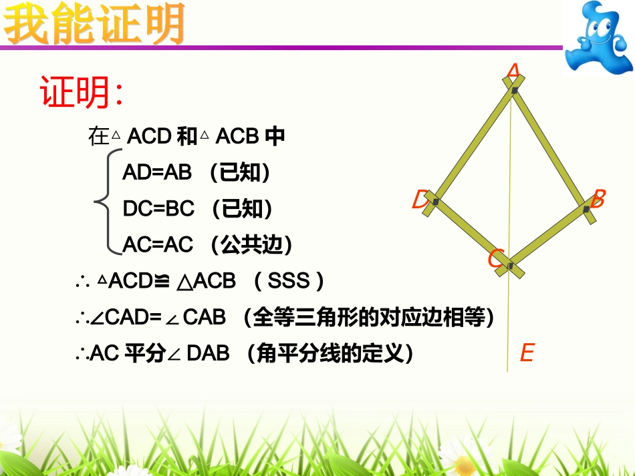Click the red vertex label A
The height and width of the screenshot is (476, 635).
pyautogui.click(x=513, y=71)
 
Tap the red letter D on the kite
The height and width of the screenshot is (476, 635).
pyautogui.click(x=420, y=200)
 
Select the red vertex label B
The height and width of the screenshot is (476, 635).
pyautogui.click(x=598, y=198)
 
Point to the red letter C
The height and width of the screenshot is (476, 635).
pyautogui.click(x=495, y=258)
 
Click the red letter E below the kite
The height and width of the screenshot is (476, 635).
pyautogui.click(x=527, y=352)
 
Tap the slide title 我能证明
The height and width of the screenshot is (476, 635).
pyautogui.click(x=94, y=25)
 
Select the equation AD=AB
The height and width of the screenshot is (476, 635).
pyautogui.click(x=157, y=173)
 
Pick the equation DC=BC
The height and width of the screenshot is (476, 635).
pyautogui.click(x=158, y=209)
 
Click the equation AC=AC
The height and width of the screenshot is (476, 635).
pyautogui.click(x=158, y=245)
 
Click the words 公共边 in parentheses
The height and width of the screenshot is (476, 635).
pyautogui.click(x=251, y=245)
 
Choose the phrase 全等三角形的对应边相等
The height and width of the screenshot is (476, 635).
pyautogui.click(x=368, y=317)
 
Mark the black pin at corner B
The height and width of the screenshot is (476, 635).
pyautogui.click(x=586, y=210)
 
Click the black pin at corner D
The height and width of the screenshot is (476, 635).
pyautogui.click(x=435, y=201)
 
